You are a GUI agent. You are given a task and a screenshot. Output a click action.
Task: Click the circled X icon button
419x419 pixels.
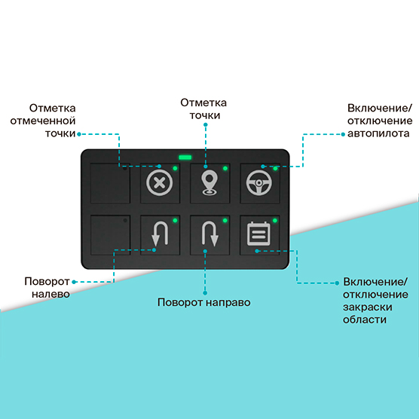[x=160, y=183]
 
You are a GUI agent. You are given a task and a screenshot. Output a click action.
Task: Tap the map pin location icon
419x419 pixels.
[x=209, y=182]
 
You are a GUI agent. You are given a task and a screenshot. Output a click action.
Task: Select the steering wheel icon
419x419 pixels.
[x=259, y=183]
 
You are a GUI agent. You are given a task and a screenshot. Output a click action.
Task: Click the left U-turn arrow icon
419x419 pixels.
[x=160, y=234]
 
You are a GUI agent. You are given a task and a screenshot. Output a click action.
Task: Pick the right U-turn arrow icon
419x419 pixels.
[x=210, y=234]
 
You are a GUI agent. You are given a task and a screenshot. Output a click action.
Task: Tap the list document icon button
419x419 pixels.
[x=258, y=234]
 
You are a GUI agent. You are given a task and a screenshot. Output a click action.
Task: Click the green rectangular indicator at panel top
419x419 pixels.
[x=185, y=157]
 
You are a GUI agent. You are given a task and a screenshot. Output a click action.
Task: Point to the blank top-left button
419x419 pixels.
[x=110, y=183]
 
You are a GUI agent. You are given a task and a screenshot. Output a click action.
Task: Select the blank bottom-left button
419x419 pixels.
[x=110, y=235]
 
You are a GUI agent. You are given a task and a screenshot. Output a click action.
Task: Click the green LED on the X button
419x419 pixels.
[x=175, y=168]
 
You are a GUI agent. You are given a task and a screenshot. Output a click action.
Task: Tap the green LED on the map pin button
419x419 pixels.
[x=225, y=168]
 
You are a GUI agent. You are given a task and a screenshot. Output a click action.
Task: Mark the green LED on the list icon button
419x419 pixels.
[x=275, y=221]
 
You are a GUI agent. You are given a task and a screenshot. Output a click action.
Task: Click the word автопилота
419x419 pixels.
[x=378, y=133]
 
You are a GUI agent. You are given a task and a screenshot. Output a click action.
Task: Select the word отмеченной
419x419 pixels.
[x=43, y=121]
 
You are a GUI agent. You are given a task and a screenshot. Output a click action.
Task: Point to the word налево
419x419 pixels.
[x=50, y=294]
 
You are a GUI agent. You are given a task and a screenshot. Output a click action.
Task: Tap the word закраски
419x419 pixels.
[x=368, y=307]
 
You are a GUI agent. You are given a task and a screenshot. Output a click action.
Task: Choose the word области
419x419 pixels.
[x=365, y=320]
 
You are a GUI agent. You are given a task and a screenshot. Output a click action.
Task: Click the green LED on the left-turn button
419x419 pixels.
[x=175, y=221]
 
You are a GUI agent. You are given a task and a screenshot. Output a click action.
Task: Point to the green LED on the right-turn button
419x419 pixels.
[x=225, y=221]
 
